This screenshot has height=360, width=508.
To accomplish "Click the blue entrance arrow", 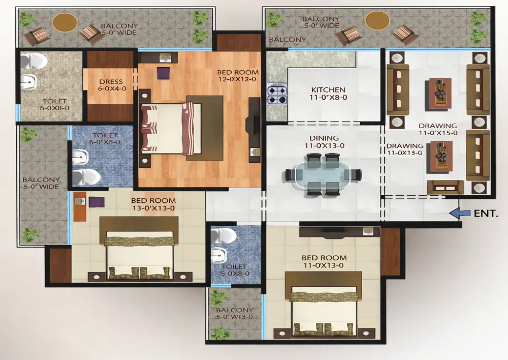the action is pyautogui.click(x=460, y=213).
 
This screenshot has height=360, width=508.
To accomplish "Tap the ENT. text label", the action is pyautogui.click(x=486, y=213).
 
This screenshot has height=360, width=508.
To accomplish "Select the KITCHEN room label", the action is pyautogui.click(x=328, y=89).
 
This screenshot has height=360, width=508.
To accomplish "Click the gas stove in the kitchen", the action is pyautogui.click(x=277, y=94).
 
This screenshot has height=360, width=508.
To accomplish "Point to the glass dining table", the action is pyautogui.click(x=322, y=175).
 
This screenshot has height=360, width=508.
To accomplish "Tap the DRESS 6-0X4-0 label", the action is pyautogui.click(x=111, y=85).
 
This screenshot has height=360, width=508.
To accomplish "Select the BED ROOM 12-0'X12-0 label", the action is pyautogui.click(x=238, y=76).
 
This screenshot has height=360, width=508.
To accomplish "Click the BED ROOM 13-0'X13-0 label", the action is pyautogui.click(x=153, y=204).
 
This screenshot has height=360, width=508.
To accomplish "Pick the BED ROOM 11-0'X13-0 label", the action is pyautogui.click(x=324, y=261).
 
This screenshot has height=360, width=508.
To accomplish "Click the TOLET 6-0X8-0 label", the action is pyautogui.click(x=55, y=104).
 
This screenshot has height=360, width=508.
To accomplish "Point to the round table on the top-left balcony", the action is pyautogui.click(x=65, y=22).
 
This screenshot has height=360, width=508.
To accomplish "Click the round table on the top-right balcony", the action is pyautogui.click(x=377, y=20).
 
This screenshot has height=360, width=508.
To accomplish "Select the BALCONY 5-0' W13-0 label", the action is pyautogui.click(x=235, y=313).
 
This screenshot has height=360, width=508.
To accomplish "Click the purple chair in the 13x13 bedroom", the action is pyautogui.click(x=97, y=202).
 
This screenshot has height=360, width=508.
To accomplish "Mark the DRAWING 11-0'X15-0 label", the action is pyautogui.click(x=438, y=129).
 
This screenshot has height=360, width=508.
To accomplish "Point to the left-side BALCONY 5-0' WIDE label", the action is pyautogui.click(x=41, y=183).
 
